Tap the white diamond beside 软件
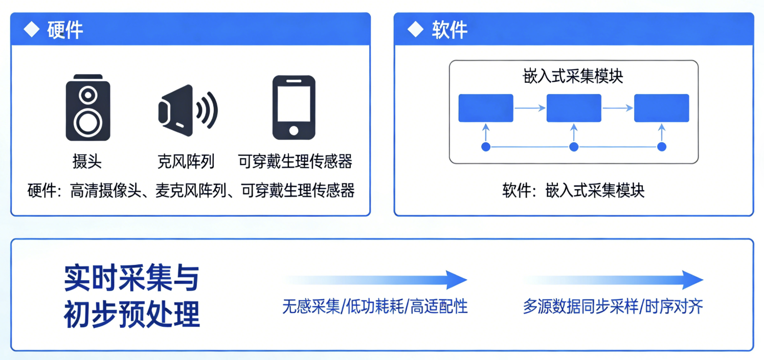click(415, 30)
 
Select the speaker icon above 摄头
click(88, 107)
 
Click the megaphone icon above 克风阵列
click(187, 109)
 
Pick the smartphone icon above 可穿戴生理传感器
click(294, 107)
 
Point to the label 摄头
click(87, 162)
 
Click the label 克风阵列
click(186, 162)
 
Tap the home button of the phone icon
click(294, 130)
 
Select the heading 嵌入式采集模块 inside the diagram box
click(573, 77)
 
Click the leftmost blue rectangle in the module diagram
click(486, 108)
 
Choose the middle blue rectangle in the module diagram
click(574, 108)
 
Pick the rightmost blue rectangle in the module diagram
click(662, 108)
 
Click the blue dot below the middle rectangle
click(574, 147)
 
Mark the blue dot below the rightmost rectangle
click(662, 147)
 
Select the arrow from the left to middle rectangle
click(530, 108)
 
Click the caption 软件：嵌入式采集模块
click(573, 191)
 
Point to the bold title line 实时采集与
click(131, 278)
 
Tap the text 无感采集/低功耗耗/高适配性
click(375, 307)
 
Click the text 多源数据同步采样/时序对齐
click(613, 307)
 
